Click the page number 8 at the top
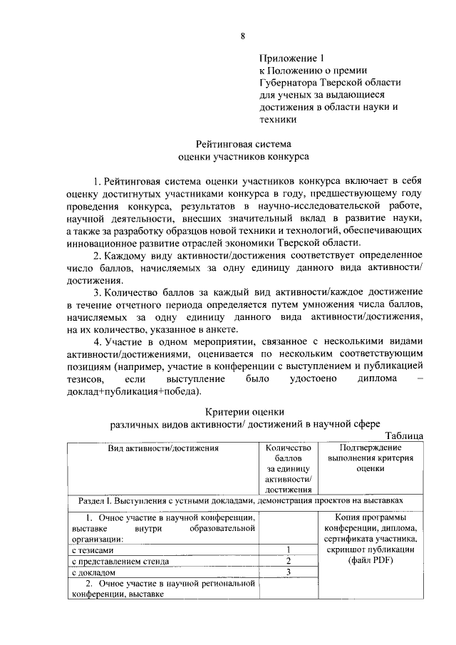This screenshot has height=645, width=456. pyautogui.click(x=243, y=36)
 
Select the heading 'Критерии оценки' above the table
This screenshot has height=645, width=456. pyautogui.click(x=244, y=412)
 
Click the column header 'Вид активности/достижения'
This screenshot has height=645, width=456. pyautogui.click(x=162, y=448)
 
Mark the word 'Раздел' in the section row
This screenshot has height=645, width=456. pyautogui.click(x=86, y=500)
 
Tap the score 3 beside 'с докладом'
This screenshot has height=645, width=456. pyautogui.click(x=289, y=572)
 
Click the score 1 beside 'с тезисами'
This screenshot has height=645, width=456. pyautogui.click(x=289, y=549)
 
